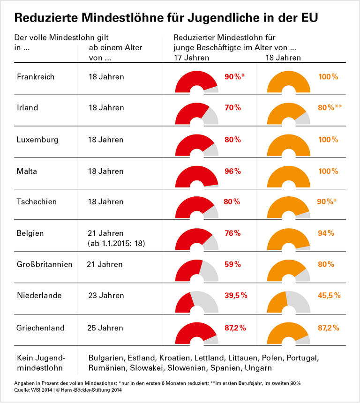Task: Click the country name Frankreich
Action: tap(36, 77)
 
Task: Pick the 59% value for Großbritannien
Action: tap(232, 264)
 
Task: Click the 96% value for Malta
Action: tap(232, 171)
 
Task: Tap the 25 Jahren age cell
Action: tap(106, 328)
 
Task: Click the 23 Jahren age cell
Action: tap(106, 296)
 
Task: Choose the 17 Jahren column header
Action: tap(192, 58)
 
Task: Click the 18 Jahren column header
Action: tap(283, 58)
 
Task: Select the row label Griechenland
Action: tap(40, 328)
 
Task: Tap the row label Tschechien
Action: tap(37, 202)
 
